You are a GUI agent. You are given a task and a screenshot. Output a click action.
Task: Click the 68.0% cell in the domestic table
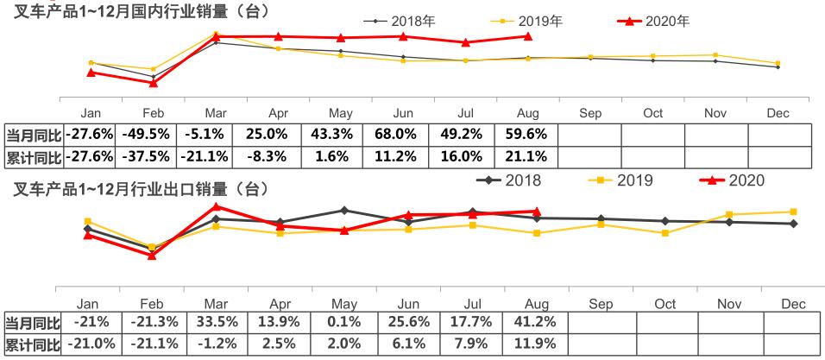coord(403,135)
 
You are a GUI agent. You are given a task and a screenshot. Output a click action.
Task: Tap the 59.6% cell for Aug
coord(527,135)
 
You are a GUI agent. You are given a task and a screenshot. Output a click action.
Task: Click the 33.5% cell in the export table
coord(216,322)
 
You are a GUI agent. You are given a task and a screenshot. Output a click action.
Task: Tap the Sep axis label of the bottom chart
coord(601,304)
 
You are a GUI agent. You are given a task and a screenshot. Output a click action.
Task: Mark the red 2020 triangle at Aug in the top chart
coord(527,36)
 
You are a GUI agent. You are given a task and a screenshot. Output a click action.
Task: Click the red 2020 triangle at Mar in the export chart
coord(217,206)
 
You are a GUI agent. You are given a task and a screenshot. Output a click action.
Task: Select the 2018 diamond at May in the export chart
coord(344,210)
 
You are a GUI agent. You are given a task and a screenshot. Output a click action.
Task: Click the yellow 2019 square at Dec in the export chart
coord(793,212)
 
